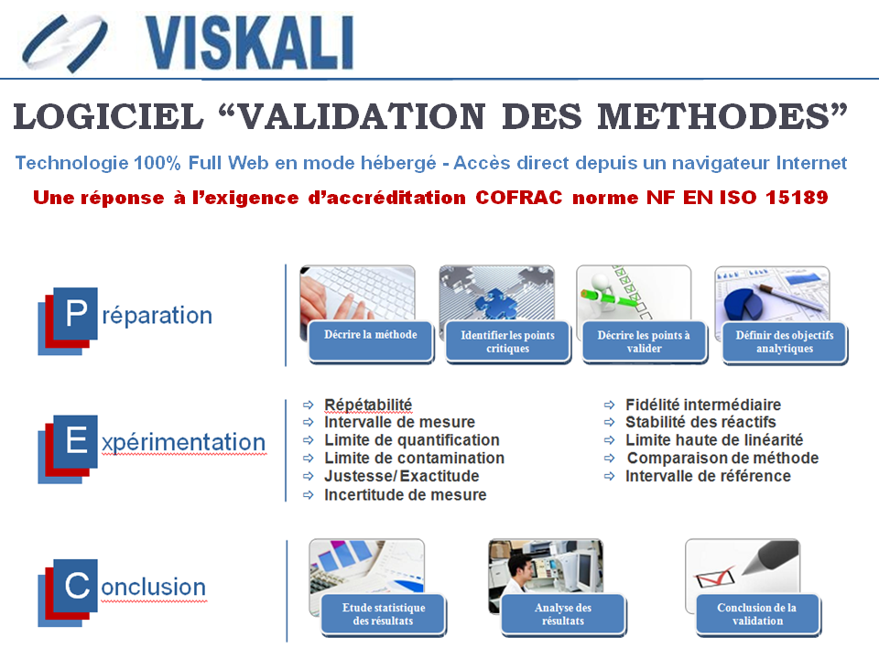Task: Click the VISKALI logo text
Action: point(249,43)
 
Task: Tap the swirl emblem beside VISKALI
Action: point(64,44)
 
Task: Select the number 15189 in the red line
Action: point(797,198)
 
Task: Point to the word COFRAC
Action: point(518,198)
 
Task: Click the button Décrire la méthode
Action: point(371,341)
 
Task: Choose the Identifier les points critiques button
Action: point(508,341)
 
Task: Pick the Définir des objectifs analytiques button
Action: point(785,341)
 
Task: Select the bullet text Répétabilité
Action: point(368,405)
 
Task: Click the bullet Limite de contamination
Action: point(414,458)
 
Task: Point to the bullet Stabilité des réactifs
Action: point(700,422)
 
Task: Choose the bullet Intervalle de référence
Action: point(708,476)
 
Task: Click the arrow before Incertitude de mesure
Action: point(309,495)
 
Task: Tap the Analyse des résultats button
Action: point(563,614)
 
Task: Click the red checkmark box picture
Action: point(715,577)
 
